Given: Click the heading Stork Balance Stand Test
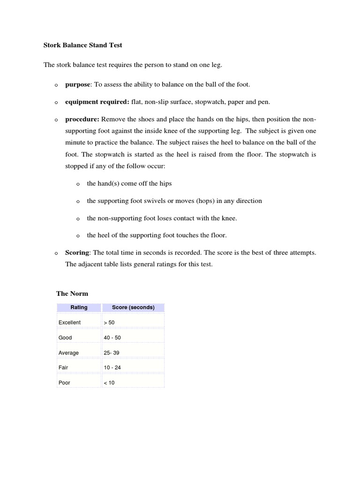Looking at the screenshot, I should [83, 45].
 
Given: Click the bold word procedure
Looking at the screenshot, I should [82, 119].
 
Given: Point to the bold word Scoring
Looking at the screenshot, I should [77, 253].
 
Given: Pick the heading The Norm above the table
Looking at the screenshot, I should [72, 293].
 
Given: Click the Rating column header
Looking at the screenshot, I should [79, 307].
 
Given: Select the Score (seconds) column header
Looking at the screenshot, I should [133, 307].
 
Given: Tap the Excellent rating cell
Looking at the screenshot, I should [69, 322].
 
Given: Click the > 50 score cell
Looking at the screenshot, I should [109, 322].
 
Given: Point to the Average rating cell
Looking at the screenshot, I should [68, 352].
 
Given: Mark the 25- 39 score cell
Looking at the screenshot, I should [112, 352].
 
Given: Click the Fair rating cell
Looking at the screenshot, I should [63, 367].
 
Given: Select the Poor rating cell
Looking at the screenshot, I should [64, 382].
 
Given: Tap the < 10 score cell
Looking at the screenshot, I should [109, 382].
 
